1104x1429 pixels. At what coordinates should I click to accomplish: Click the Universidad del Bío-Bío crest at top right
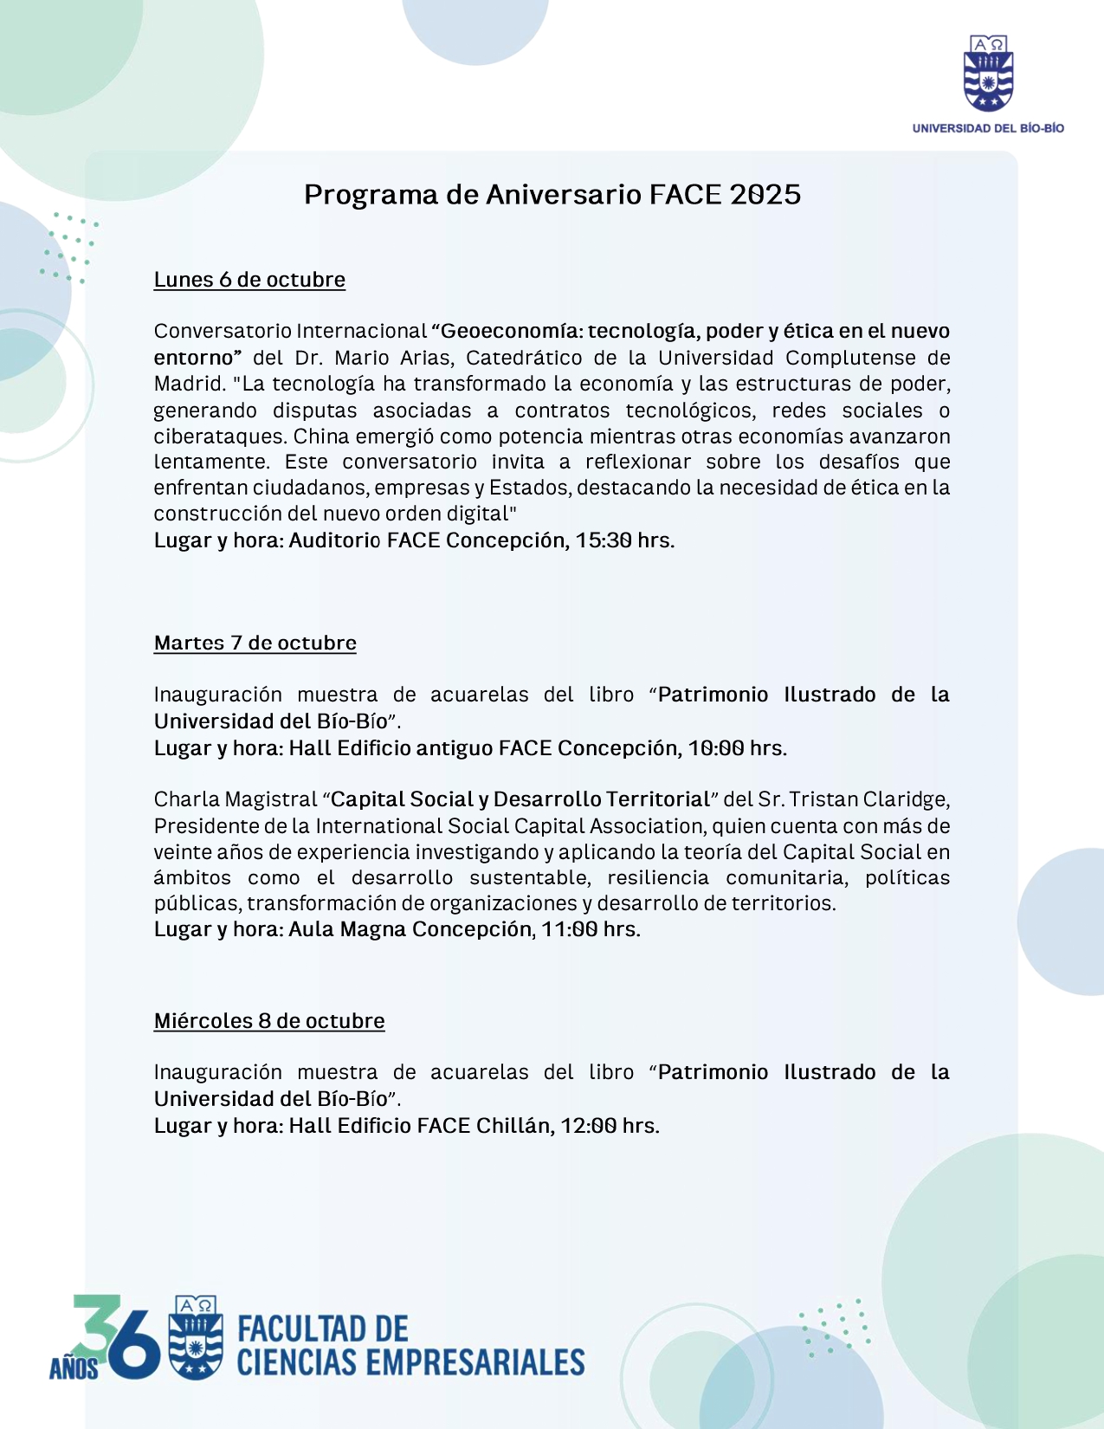point(988,74)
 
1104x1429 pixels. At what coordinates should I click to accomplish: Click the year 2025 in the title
point(765,195)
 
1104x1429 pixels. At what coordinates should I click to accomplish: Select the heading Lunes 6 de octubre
point(249,280)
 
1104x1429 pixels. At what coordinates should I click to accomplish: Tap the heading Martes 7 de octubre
point(255,643)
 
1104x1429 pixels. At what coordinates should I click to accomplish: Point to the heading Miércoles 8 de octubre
point(269,1021)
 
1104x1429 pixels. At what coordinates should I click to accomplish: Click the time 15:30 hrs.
point(624,540)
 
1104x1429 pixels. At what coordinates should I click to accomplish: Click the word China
point(321,436)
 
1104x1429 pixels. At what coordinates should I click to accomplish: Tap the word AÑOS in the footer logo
point(73,1368)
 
